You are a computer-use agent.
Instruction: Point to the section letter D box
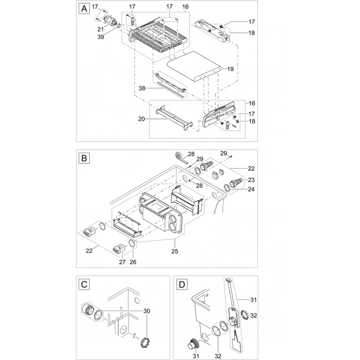click(182, 284)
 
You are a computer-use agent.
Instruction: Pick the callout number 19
click(230, 68)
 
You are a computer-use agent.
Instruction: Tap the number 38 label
click(142, 88)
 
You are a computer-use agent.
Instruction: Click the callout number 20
click(140, 119)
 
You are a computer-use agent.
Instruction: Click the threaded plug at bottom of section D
click(194, 343)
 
